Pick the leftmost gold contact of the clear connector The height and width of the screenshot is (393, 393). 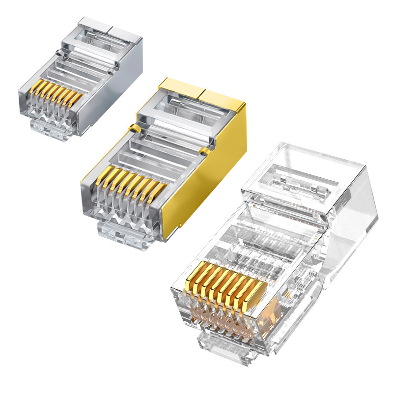click(x=190, y=275)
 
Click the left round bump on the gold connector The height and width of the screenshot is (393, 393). click(x=132, y=129)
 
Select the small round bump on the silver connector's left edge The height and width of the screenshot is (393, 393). click(x=58, y=51)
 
